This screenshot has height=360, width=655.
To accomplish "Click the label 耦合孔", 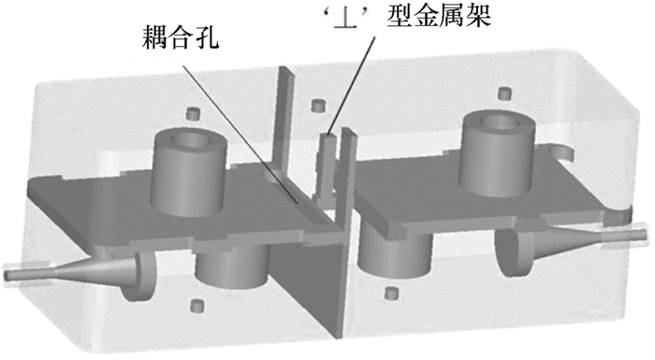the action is [x=180, y=37].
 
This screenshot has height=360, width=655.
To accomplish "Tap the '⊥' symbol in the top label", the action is [x=348, y=19].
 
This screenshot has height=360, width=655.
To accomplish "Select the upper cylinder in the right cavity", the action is [x=498, y=152].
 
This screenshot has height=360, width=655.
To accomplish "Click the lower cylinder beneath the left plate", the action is [x=232, y=267].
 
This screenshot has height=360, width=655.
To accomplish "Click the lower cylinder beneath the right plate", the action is [x=394, y=254].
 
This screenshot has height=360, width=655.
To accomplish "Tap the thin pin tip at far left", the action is [x=7, y=276].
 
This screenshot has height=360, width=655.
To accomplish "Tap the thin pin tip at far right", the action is [x=643, y=235].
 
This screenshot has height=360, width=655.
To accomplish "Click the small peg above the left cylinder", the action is [x=193, y=113].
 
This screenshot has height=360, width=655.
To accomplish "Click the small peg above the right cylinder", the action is [x=505, y=94].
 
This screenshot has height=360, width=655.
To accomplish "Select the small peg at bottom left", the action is [x=196, y=306].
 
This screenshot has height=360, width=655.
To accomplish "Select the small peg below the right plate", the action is [x=391, y=293].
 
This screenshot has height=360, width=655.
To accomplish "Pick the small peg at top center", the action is [x=319, y=106].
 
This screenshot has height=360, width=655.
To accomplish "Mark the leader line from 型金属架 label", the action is [x=351, y=86].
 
